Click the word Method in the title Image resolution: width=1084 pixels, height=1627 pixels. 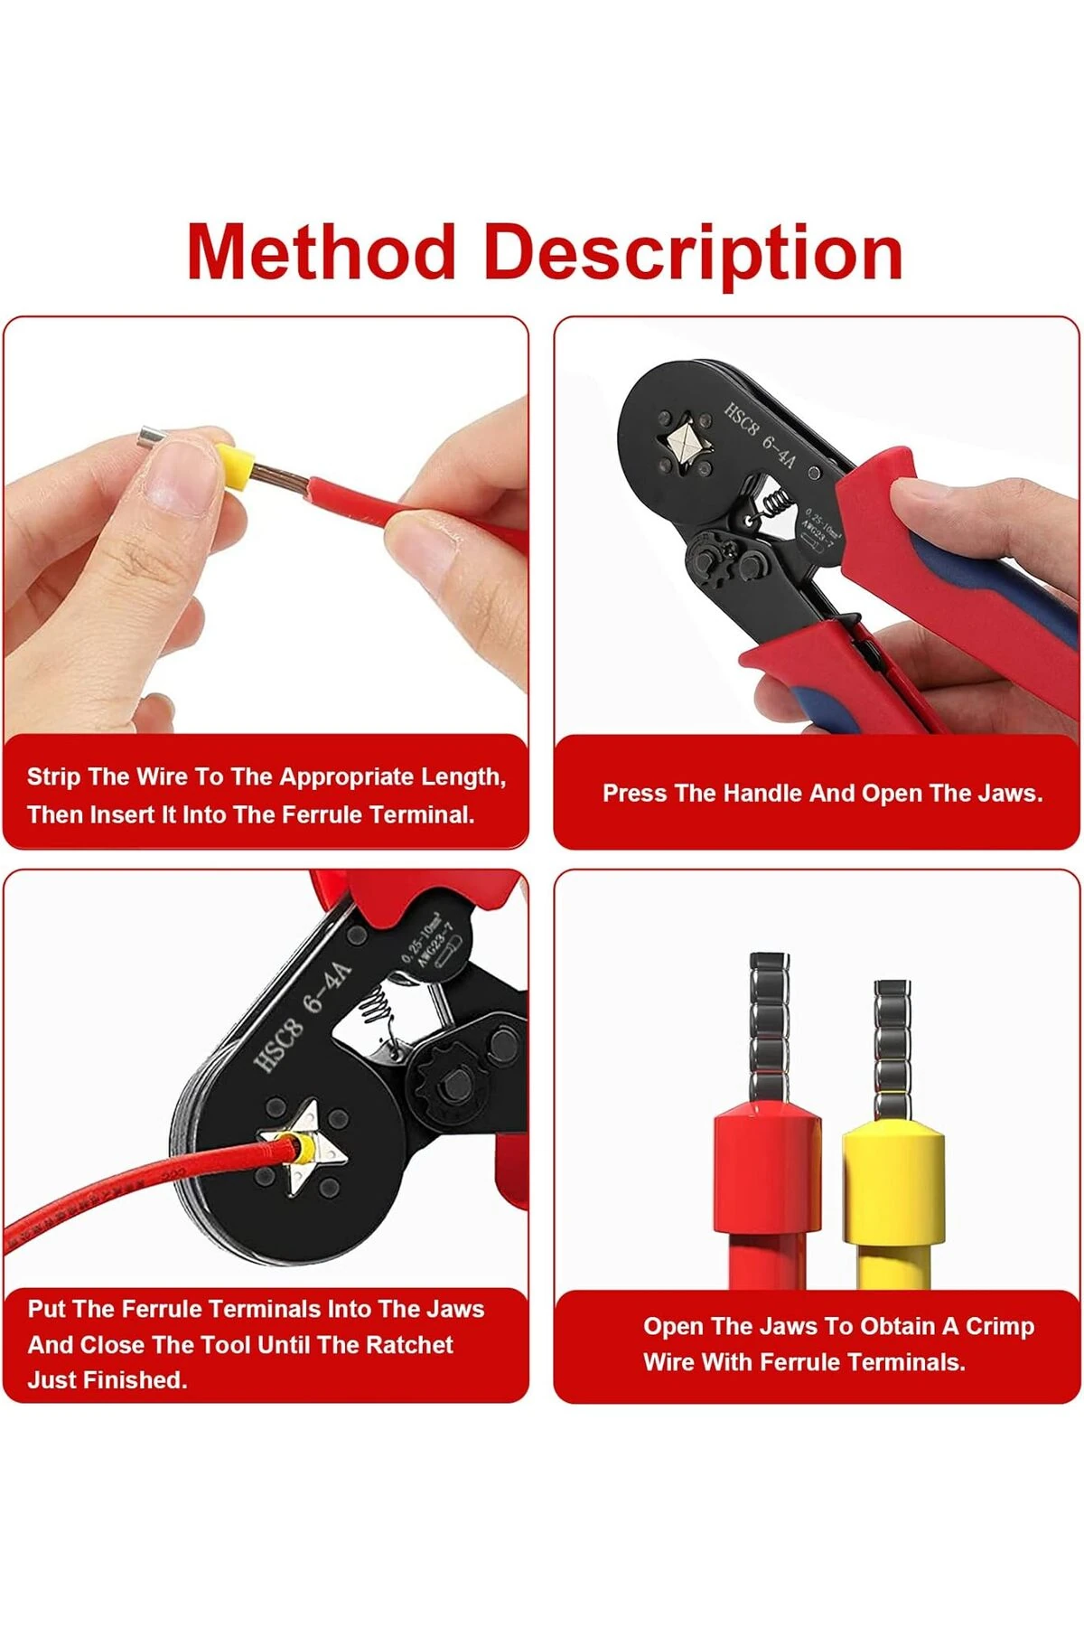point(321,252)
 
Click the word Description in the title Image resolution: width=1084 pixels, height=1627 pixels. point(693,254)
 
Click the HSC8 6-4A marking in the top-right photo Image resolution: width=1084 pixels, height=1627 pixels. point(759,434)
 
